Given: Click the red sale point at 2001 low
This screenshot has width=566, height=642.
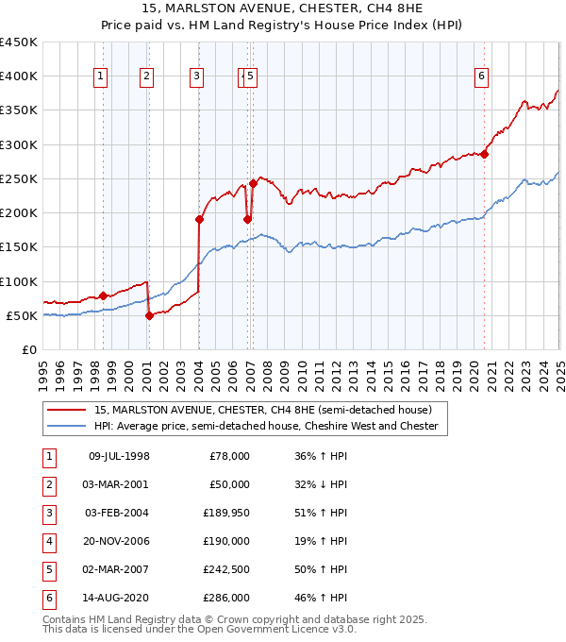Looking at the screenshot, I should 149,315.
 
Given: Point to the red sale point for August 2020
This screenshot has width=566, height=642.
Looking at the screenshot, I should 484,154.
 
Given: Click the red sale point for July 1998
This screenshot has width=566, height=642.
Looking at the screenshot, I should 103,296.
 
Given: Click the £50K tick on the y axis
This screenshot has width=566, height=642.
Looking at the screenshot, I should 23,315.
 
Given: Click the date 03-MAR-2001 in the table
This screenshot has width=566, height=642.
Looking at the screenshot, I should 116,483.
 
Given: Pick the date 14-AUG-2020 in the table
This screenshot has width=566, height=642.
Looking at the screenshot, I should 116,598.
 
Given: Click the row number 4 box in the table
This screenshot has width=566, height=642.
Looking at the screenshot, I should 46,541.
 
